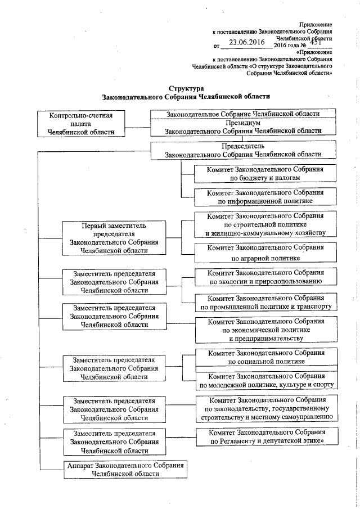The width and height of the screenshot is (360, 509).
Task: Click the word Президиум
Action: coord(242,122)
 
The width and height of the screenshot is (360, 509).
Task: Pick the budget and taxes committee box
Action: coord(265,173)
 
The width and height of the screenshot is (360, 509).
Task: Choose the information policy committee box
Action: coord(265,196)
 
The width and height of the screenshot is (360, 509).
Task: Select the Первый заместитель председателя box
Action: coord(114,238)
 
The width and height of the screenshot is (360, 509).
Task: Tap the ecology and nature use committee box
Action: coord(265,276)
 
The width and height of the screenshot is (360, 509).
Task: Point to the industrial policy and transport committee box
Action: coord(265,302)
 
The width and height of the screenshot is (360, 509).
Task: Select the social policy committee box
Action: coord(265,358)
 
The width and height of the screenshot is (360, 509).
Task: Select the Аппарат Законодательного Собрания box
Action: coord(125,470)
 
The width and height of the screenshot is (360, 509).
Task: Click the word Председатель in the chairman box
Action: coord(242,146)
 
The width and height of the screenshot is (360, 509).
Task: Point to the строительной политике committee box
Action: coord(265,224)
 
